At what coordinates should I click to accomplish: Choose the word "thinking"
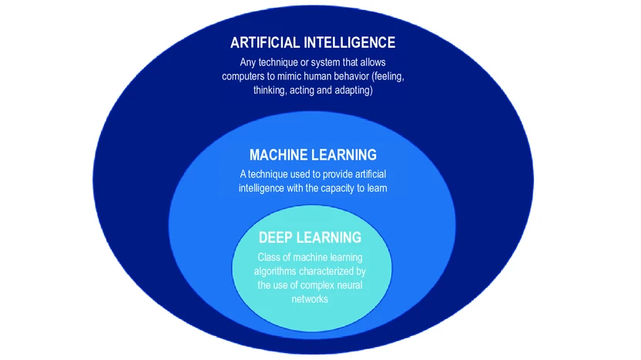point(271,90)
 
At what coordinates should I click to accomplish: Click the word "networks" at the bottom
point(312,300)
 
